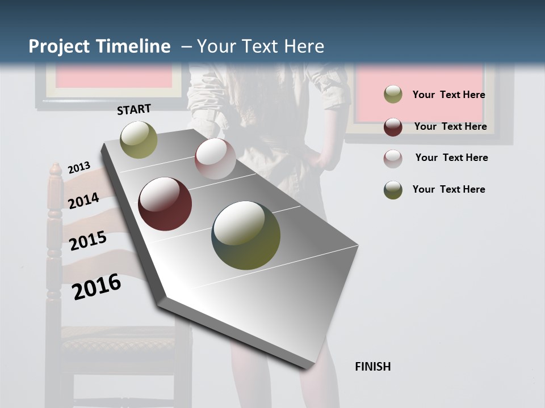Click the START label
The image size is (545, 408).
134,109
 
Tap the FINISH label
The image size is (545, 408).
372,367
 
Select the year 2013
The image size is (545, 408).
79,167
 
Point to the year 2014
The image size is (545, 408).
83,201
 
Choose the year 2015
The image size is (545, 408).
88,241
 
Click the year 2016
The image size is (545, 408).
97,287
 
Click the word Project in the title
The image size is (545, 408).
60,46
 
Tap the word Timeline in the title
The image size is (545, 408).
134,46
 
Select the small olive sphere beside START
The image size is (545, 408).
139,139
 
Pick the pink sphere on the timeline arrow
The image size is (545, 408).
215,159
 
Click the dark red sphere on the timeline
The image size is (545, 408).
165,204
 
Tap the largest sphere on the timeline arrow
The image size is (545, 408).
246,235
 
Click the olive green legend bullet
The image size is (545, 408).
393,95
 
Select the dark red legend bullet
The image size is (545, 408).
393,126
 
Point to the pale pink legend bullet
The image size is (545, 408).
393,158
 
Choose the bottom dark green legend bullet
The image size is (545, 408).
393,190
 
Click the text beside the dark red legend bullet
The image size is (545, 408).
450,126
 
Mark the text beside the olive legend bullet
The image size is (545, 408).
448,95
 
